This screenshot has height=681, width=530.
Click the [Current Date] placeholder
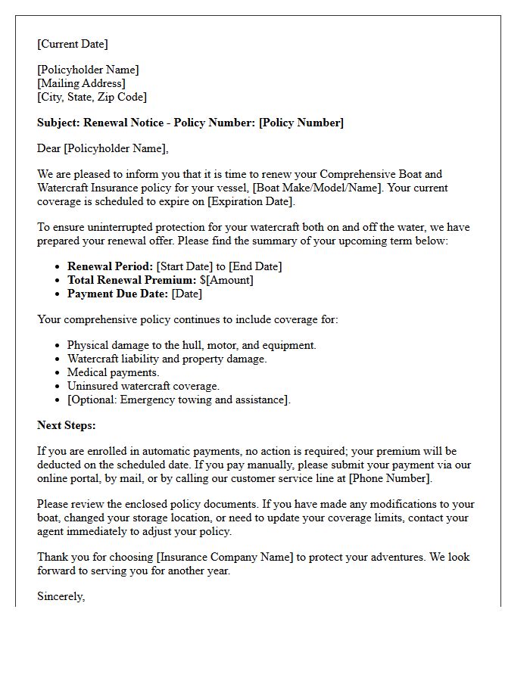(73, 44)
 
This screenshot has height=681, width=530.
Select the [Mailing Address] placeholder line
(81, 83)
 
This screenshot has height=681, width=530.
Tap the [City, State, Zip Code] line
(92, 97)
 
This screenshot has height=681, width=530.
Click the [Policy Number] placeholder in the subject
(301, 123)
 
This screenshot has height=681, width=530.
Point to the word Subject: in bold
(58, 123)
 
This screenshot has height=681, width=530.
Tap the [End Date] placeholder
(255, 266)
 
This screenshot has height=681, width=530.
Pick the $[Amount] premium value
(226, 280)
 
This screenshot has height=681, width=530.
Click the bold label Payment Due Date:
(117, 294)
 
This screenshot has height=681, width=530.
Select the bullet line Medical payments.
(113, 372)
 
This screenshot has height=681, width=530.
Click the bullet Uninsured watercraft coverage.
(143, 386)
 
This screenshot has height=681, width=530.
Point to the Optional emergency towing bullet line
(179, 400)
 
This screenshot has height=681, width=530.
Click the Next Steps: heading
(67, 425)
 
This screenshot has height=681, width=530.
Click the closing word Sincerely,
(61, 596)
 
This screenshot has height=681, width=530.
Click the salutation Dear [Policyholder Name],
(103, 148)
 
